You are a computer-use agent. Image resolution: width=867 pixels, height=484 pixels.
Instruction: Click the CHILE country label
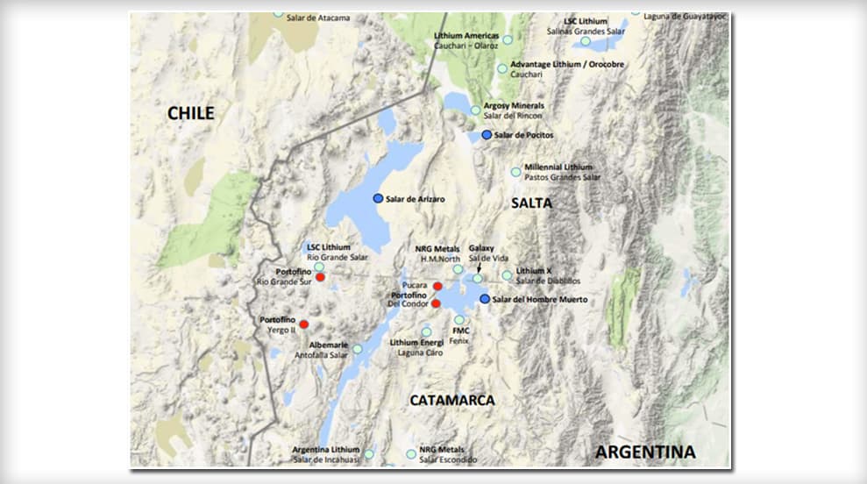tap(191, 113)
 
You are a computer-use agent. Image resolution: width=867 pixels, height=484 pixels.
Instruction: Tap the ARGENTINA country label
tap(645, 452)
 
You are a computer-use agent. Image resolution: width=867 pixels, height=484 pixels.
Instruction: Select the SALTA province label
tap(531, 203)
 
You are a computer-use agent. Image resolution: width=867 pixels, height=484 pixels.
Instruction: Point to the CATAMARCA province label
tap(452, 400)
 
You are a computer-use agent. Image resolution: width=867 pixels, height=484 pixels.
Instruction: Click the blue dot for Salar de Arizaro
tap(378, 199)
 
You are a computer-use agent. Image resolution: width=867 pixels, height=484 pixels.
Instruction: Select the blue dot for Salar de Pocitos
tap(487, 135)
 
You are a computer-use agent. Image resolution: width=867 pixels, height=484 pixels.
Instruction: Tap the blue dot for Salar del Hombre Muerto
tap(485, 299)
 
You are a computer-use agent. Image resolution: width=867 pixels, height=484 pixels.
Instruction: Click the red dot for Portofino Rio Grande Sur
tap(321, 277)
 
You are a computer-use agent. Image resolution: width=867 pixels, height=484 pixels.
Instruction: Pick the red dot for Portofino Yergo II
tap(304, 324)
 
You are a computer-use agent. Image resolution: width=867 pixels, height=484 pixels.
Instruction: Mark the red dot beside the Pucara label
tap(437, 286)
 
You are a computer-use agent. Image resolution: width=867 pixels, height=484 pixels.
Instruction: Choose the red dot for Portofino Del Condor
tap(436, 303)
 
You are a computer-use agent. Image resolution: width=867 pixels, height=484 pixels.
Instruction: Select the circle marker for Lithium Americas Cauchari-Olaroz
tap(508, 39)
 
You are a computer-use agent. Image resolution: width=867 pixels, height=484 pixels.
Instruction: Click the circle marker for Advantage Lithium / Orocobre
tap(502, 68)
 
